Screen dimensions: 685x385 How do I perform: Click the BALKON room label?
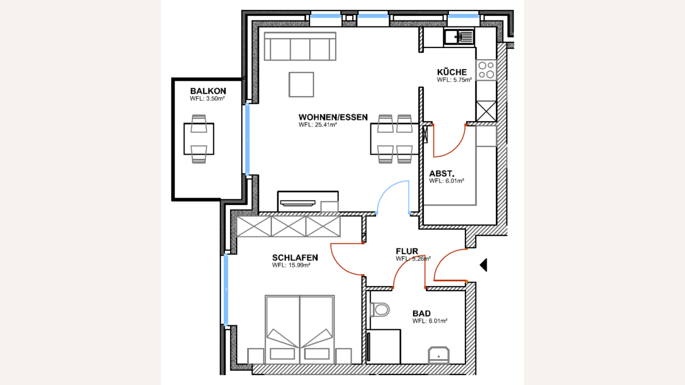[x=208, y=91]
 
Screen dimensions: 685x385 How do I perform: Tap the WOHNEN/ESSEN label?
[x=333, y=117]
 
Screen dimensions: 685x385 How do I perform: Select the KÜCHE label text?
[x=452, y=72]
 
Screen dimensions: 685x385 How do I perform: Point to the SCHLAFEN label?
[x=295, y=258]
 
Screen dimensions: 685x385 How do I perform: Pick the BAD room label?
[x=421, y=313]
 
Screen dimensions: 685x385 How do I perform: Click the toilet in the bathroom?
[x=380, y=310]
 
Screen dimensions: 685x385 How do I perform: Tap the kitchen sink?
[x=459, y=37]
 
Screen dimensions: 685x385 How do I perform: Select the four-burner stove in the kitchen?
[x=486, y=70]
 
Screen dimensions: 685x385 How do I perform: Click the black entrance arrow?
[x=484, y=265]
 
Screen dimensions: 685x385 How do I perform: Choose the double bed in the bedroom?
[x=300, y=330]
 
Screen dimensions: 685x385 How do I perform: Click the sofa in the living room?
[x=300, y=46]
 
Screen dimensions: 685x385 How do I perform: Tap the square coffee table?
[x=301, y=84]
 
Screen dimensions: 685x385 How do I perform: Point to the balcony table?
[x=199, y=139]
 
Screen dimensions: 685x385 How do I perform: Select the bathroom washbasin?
[x=438, y=355]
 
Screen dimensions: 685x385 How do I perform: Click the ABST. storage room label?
[x=442, y=173]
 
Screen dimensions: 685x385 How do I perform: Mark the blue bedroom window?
[x=226, y=290]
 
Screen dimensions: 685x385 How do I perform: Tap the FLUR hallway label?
[x=407, y=251]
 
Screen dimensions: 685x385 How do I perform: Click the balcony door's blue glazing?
[x=247, y=139]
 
